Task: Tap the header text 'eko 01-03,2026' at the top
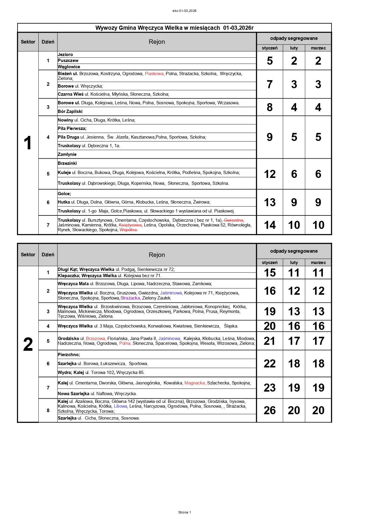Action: (184, 11)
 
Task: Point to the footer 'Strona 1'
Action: (185, 512)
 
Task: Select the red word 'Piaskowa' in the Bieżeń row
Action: (154, 74)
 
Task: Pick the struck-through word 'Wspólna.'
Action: (129, 230)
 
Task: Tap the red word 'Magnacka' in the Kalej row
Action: (195, 383)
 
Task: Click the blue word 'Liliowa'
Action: (121, 406)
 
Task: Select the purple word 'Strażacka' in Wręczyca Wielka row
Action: (130, 298)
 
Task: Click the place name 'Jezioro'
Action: (65, 55)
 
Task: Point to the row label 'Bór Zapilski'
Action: (70, 111)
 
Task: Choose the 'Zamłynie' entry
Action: (67, 154)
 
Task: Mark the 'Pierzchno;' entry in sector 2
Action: (69, 355)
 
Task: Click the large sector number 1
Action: (28, 143)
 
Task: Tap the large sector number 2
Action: (28, 344)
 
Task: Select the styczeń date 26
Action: (270, 410)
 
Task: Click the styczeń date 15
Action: (270, 273)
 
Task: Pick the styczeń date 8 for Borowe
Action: (270, 107)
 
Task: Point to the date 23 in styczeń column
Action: (270, 388)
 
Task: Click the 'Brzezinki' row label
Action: (67, 163)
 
